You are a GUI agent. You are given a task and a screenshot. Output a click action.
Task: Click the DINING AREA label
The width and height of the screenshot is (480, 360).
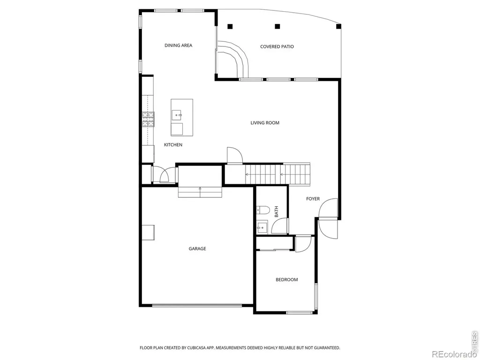179,45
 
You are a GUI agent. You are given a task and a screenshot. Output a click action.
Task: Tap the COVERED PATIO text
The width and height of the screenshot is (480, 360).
277,46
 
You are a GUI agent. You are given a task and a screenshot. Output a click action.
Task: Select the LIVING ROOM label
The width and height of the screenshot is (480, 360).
265,123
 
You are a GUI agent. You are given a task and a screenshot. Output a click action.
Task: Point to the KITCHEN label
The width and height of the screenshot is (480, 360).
173,145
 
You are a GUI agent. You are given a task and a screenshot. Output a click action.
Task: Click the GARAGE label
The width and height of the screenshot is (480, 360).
197,248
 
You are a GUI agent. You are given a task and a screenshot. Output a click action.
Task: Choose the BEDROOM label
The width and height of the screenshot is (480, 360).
287,279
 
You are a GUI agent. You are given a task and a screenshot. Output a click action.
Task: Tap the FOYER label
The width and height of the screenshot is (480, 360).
313,199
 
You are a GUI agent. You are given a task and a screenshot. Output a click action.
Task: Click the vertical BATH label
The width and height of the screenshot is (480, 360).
277,211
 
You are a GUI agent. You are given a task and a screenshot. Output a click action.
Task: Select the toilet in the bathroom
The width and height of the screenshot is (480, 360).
262,210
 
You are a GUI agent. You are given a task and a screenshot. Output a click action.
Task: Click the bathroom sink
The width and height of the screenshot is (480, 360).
262,227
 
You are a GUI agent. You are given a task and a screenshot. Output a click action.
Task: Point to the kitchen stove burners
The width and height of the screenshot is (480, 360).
148,119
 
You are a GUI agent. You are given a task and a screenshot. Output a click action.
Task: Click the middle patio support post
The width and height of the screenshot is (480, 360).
277,26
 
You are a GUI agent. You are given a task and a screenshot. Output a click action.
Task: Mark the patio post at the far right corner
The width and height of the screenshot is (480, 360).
338,26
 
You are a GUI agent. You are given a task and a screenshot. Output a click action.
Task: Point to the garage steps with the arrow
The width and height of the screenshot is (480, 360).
200,192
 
